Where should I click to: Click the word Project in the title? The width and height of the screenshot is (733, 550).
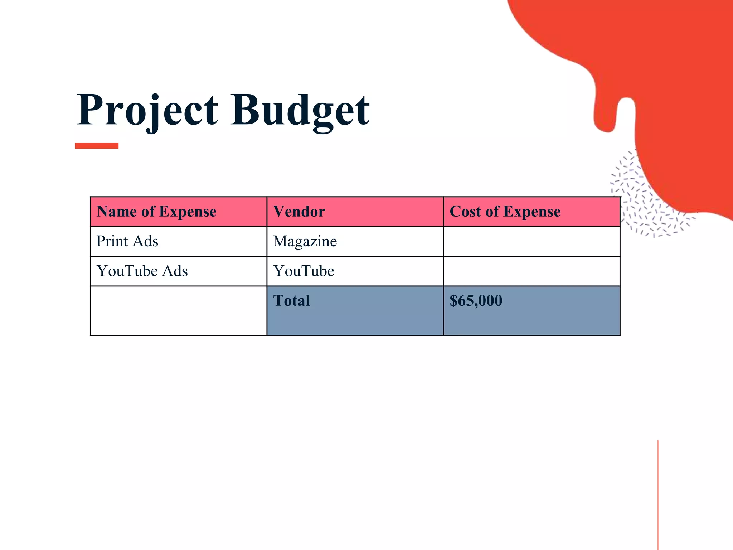tap(147, 110)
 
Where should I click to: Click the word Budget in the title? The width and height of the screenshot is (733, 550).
tap(300, 110)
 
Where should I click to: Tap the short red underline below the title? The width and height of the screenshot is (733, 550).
tap(97, 145)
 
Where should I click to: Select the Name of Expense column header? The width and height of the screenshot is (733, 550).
tap(156, 212)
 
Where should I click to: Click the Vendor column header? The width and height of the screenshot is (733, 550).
tap(299, 212)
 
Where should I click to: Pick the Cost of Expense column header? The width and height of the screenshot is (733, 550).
tap(505, 212)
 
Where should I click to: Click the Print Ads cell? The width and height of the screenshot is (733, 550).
tap(127, 241)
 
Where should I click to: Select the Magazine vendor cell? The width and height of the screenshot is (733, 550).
tap(305, 241)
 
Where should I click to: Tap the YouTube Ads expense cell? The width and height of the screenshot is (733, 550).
tap(142, 271)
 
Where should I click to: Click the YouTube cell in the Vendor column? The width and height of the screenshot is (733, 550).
tap(304, 271)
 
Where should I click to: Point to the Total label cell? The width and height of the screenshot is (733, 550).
tap(292, 301)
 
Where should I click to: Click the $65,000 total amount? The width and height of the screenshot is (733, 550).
tap(476, 301)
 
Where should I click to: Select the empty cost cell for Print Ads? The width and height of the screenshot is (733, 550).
tap(531, 241)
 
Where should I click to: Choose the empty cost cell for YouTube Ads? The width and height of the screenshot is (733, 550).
tap(531, 271)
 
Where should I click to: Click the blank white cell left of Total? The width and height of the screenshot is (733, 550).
tap(178, 310)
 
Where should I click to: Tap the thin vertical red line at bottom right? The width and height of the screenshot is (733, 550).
tap(658, 494)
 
